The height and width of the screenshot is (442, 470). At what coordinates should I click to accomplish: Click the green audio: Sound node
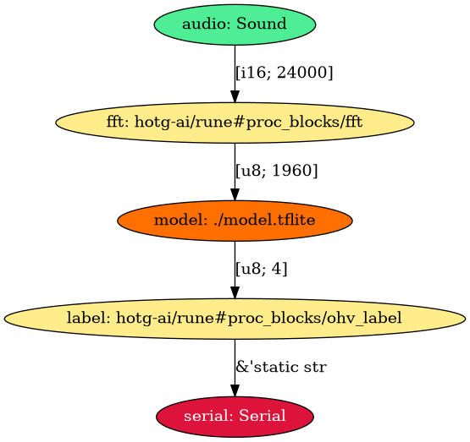tap(235, 24)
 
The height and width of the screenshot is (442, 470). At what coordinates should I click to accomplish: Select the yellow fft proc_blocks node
tap(235, 122)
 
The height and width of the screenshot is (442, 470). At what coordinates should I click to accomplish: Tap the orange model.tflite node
tap(235, 221)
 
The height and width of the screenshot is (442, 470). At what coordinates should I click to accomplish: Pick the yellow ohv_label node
tap(235, 319)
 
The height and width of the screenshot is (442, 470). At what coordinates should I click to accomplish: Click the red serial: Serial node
tap(235, 417)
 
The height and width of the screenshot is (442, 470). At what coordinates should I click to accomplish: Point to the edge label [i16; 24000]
tap(285, 73)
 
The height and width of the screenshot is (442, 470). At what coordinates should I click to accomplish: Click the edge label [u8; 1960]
tap(277, 171)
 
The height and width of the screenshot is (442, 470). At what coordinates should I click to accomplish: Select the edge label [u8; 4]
tap(262, 270)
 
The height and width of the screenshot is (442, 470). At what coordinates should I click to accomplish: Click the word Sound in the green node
tap(261, 24)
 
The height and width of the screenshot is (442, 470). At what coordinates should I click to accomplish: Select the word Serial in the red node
tap(259, 417)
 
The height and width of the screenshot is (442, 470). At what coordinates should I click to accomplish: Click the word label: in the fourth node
tap(87, 319)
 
